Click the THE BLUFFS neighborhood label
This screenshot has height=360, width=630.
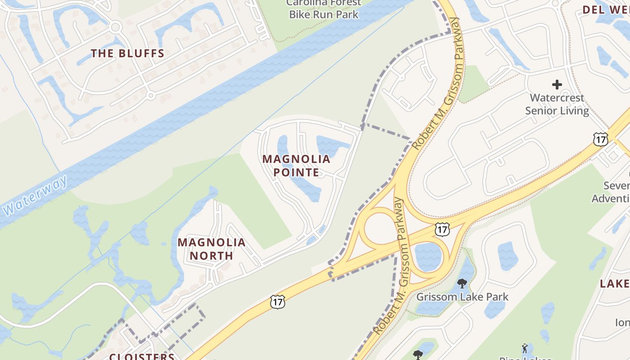(x=127, y=54)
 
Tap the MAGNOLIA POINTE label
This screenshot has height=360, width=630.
(x=296, y=166)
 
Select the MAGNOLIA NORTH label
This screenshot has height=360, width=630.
(x=211, y=249)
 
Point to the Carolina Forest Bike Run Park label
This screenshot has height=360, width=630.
(x=324, y=9)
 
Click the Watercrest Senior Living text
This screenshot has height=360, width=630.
(x=557, y=104)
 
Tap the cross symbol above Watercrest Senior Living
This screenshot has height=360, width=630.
(x=557, y=84)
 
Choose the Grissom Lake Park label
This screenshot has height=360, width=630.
(x=462, y=297)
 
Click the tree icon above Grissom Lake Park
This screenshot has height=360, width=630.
(x=462, y=283)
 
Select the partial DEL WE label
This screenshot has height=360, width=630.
(x=606, y=9)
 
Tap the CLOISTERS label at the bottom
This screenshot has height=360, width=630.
(x=142, y=356)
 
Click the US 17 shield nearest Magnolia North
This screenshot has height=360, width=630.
(x=278, y=302)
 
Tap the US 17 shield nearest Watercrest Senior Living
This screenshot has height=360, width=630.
(x=600, y=139)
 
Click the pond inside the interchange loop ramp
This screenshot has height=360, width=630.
(x=427, y=256)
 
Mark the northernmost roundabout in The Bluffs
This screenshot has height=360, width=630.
(x=115, y=27)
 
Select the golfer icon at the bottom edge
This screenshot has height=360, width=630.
(x=525, y=348)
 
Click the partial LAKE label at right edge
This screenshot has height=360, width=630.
(x=615, y=283)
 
